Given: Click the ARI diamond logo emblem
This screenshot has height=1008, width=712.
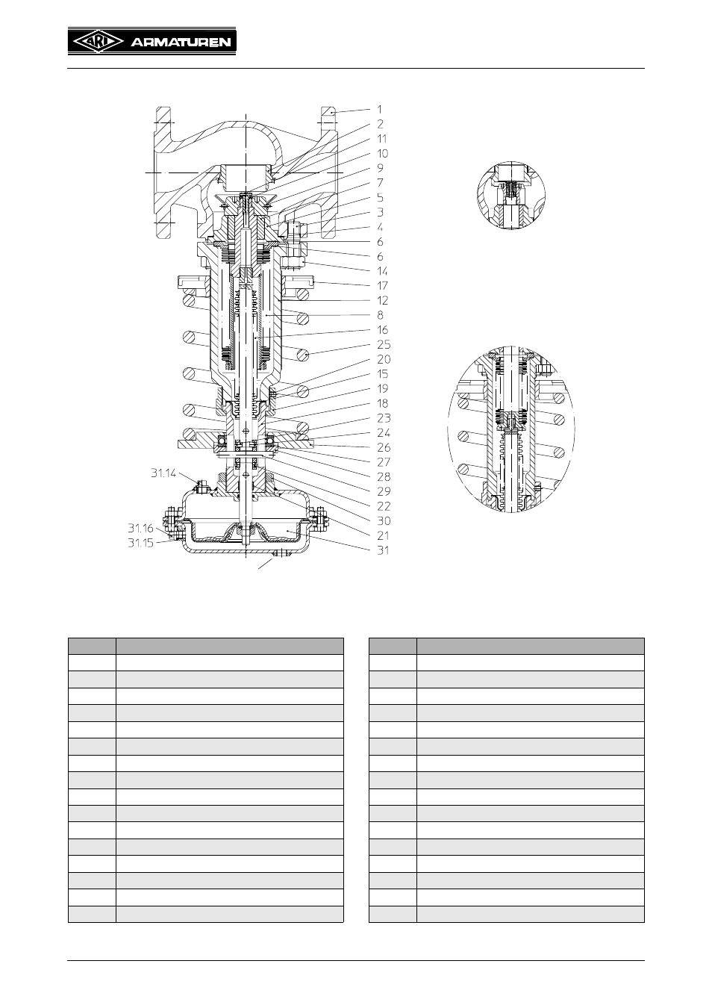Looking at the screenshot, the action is (99, 43).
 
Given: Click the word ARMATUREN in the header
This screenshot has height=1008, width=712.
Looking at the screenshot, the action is (181, 43).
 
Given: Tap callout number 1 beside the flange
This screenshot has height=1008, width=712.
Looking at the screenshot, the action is (379, 109).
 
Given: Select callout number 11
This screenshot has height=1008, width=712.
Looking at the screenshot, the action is (381, 139).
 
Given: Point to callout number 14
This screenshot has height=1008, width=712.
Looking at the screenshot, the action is (382, 271).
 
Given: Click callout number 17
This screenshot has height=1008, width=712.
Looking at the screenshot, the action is (382, 285).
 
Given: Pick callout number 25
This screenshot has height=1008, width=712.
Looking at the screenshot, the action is (384, 344).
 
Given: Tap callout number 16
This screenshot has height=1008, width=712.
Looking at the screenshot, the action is (382, 329).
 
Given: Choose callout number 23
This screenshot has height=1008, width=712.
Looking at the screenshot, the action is (384, 417).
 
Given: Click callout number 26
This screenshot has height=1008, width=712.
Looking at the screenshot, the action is (384, 447).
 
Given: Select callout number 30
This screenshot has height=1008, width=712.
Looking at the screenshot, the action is (384, 520).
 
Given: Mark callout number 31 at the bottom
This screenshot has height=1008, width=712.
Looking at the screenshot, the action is (383, 550).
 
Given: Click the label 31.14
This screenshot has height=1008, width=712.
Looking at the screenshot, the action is (163, 473).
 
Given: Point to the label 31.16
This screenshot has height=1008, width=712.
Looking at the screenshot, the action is (141, 528).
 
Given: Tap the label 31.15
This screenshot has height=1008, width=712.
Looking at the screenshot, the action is (141, 543).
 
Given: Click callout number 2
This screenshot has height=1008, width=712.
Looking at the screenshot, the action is (380, 124).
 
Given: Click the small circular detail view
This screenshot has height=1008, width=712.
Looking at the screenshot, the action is (511, 196).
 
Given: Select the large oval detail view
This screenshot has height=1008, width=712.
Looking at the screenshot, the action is (511, 429).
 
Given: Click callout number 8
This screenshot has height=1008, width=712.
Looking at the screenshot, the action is (380, 314).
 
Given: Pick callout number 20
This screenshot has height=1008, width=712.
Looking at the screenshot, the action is (384, 359).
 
